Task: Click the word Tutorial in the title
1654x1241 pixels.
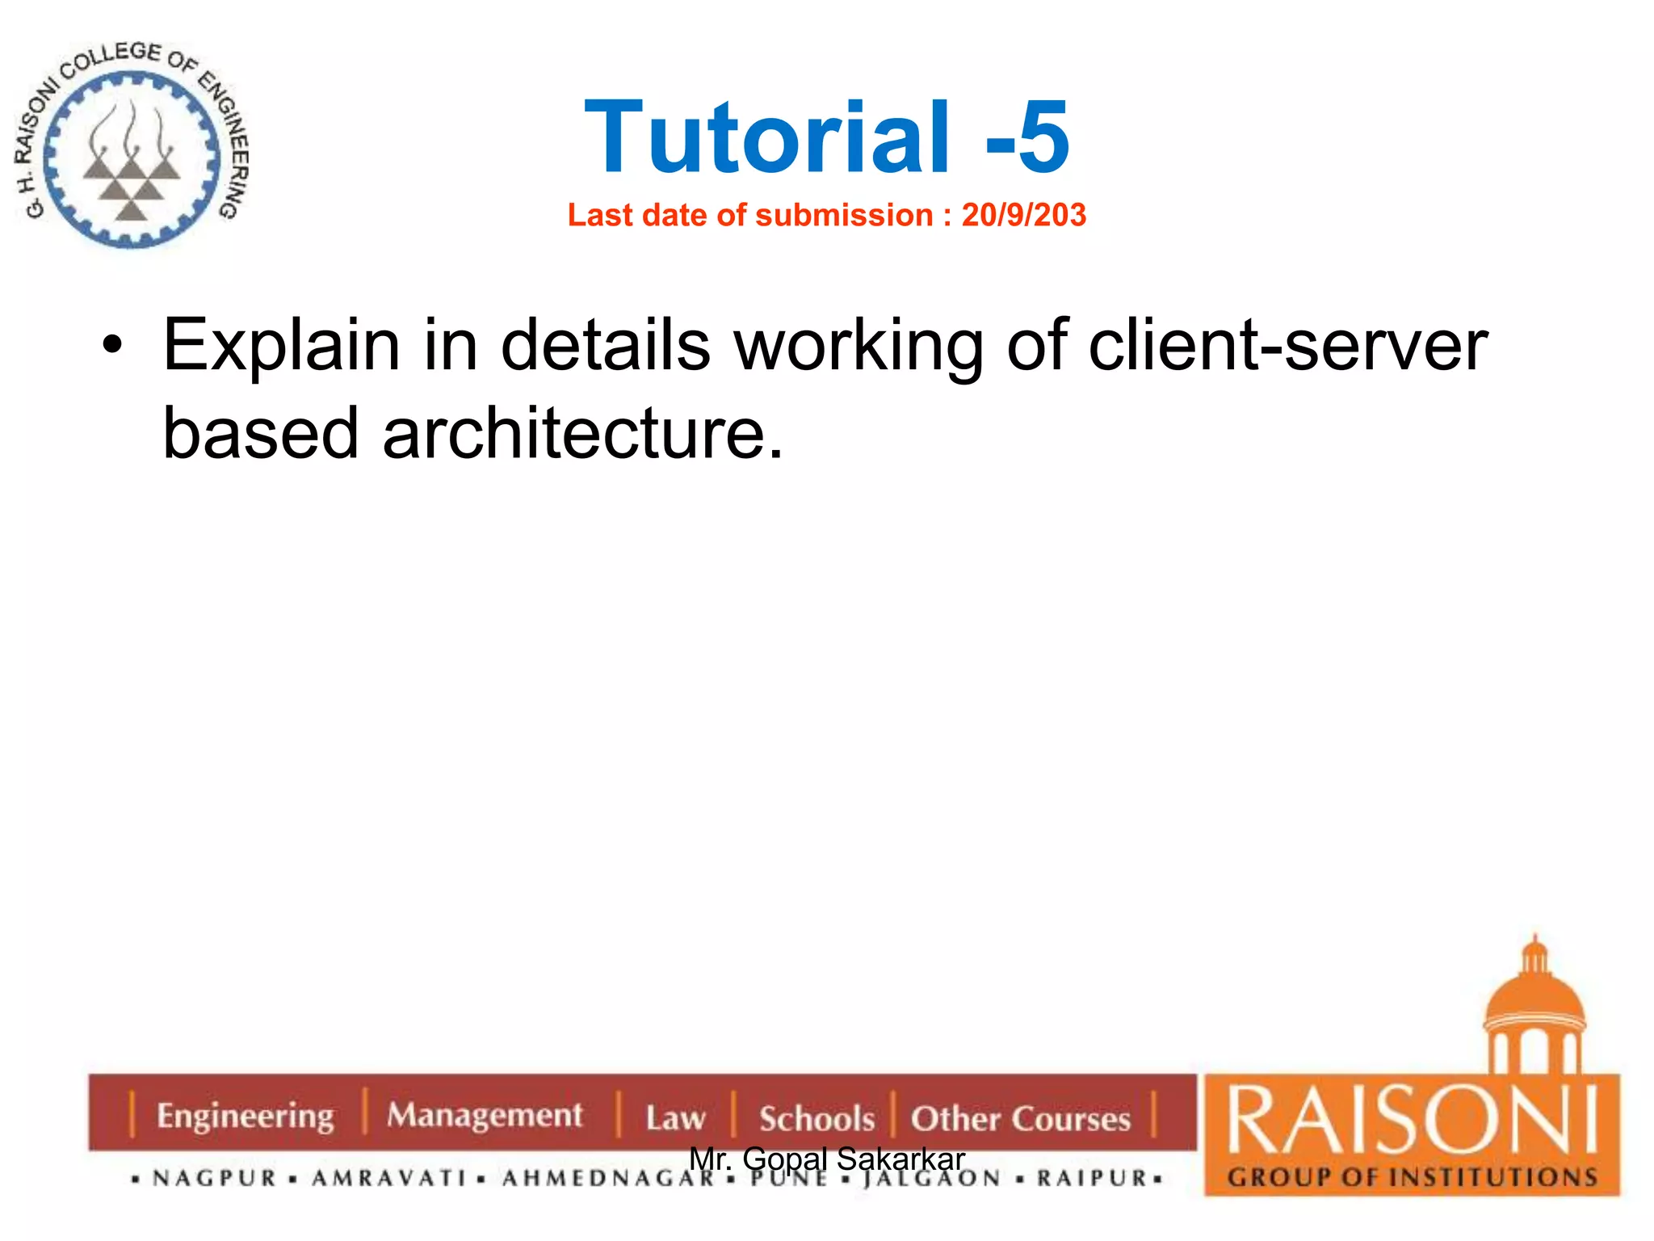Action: pos(767,137)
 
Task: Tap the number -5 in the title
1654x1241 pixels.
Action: pos(1027,137)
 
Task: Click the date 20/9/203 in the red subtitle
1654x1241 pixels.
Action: pos(1023,215)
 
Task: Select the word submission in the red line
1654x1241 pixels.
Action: pos(844,215)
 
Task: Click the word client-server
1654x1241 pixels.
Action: pos(1287,346)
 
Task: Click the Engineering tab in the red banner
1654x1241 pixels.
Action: pos(245,1116)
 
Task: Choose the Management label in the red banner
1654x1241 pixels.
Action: pos(485,1116)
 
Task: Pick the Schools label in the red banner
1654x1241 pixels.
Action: pos(817,1119)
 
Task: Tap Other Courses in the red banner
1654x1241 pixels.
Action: pos(1021,1119)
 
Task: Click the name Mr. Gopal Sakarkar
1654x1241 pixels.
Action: pos(827,1159)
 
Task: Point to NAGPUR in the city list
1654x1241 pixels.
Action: pos(215,1179)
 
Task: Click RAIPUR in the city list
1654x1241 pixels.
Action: pos(1092,1179)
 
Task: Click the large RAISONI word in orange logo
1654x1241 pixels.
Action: pos(1412,1121)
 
